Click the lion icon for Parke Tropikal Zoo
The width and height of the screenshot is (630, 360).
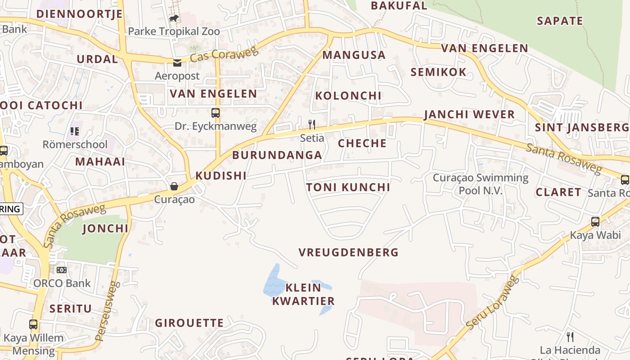174,18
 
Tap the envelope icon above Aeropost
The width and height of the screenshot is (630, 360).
177,63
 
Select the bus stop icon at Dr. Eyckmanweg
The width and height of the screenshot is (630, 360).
216,113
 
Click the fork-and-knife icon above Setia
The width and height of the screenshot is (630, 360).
311,124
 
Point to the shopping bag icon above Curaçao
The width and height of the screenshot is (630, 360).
174,186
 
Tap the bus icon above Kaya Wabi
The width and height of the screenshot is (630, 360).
595,222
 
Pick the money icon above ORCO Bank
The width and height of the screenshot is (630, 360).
62,270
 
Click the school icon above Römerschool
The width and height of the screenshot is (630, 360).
75,131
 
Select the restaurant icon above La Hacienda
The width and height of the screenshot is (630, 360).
570,337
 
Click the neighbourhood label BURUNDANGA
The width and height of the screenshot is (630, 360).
277,155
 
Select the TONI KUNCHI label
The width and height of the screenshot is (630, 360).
348,187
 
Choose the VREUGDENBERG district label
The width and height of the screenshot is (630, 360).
349,252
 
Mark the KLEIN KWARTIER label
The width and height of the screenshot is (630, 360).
303,294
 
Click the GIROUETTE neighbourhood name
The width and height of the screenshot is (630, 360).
189,323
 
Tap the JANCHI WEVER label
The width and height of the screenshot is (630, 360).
469,114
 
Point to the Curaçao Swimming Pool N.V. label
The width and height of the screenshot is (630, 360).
481,184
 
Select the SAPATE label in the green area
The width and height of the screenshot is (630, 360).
560,21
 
